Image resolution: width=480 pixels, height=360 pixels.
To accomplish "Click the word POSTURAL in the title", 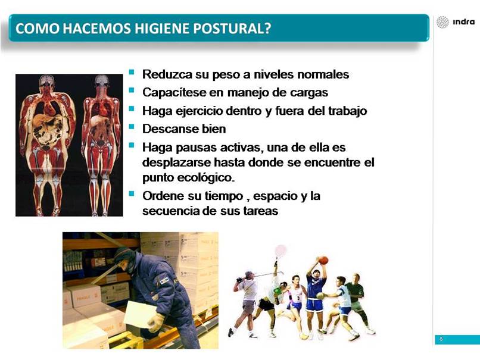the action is pyautogui.click(x=232, y=28).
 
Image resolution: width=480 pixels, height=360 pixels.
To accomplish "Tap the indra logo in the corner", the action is pyautogui.click(x=456, y=22).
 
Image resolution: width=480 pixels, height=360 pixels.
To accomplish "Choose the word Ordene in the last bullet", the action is pyautogui.click(x=163, y=196).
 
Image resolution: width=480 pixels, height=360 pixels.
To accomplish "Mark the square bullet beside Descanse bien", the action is pyautogui.click(x=132, y=126).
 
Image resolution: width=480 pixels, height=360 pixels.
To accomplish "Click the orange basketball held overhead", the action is pyautogui.click(x=323, y=260).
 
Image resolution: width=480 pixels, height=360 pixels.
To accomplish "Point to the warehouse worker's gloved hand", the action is pyautogui.click(x=156, y=322).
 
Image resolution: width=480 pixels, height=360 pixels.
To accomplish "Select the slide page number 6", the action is pyautogui.click(x=441, y=339).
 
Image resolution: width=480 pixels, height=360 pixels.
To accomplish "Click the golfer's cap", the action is pyautogui.click(x=248, y=273).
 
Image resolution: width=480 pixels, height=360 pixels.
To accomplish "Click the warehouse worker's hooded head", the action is pyautogui.click(x=125, y=260).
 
